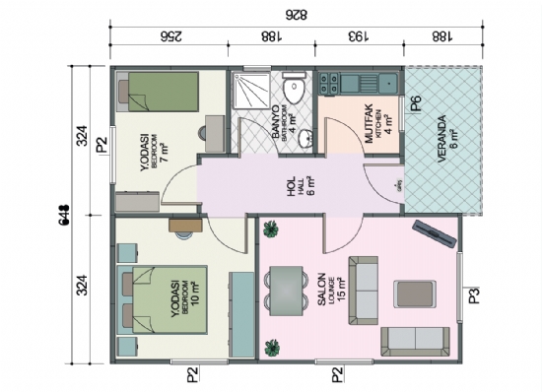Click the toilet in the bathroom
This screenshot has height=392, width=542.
(x=291, y=92)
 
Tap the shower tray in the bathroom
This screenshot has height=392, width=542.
(x=248, y=90)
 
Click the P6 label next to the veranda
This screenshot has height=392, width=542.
(x=417, y=101)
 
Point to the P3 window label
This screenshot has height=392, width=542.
(x=474, y=294)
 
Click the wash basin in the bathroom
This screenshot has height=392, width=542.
(x=306, y=134)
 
